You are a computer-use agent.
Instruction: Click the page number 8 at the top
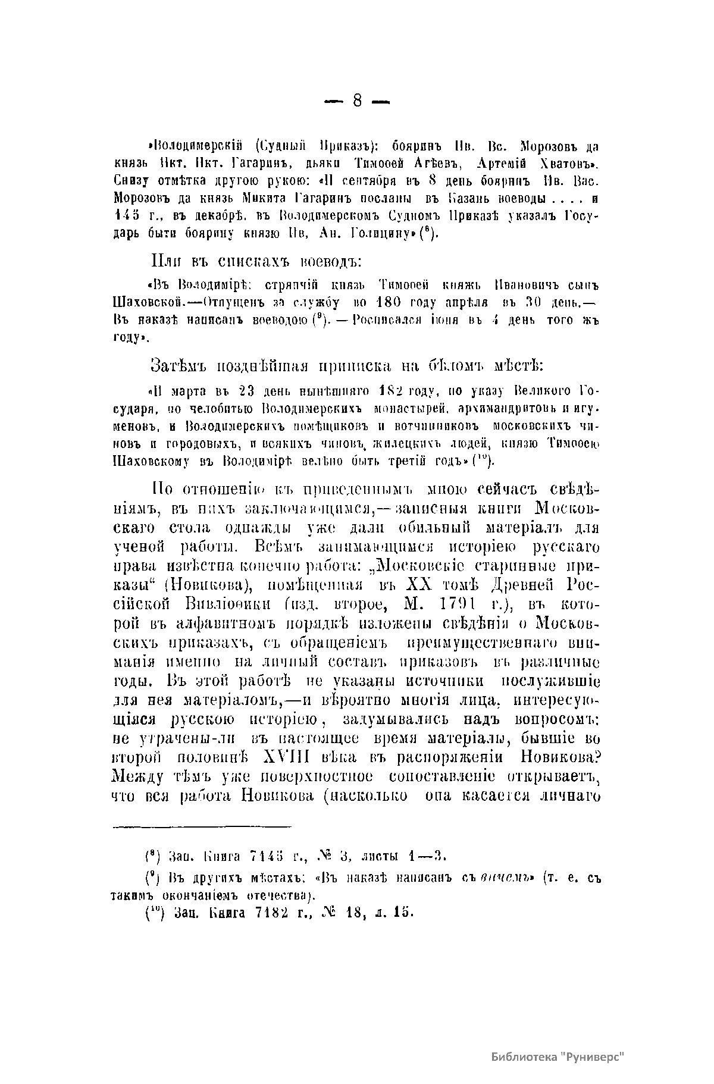(357, 101)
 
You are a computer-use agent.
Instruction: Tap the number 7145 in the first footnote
(262, 856)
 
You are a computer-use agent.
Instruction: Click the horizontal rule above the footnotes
(202, 826)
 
